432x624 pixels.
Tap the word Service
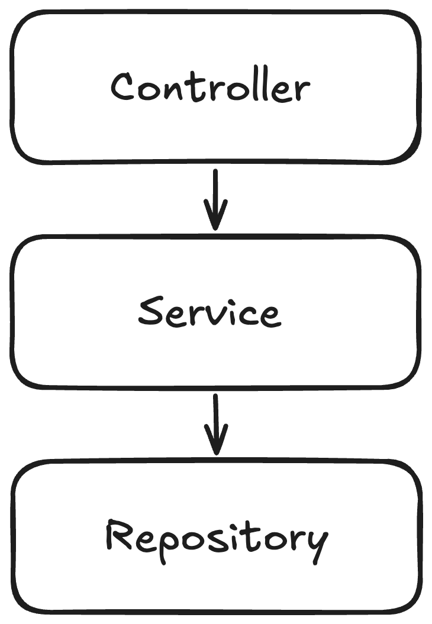[209, 313]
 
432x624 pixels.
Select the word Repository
[216, 538]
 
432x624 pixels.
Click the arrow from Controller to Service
[215, 198]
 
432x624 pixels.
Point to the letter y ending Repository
[317, 543]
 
